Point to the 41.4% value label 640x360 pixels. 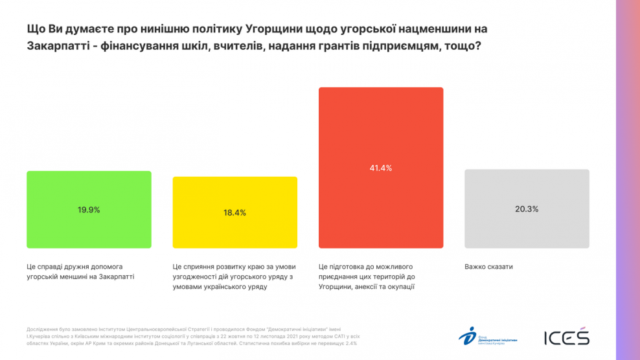pos(381,168)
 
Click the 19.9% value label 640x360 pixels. pos(89,210)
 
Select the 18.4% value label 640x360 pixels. pos(234,212)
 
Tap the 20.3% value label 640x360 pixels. pos(527,208)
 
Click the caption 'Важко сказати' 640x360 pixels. pos(488,267)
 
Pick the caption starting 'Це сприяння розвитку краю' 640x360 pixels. pos(233,276)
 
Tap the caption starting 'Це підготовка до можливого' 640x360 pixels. pos(367,276)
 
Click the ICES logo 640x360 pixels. pos(566,337)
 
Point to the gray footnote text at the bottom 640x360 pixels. pos(192,335)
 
